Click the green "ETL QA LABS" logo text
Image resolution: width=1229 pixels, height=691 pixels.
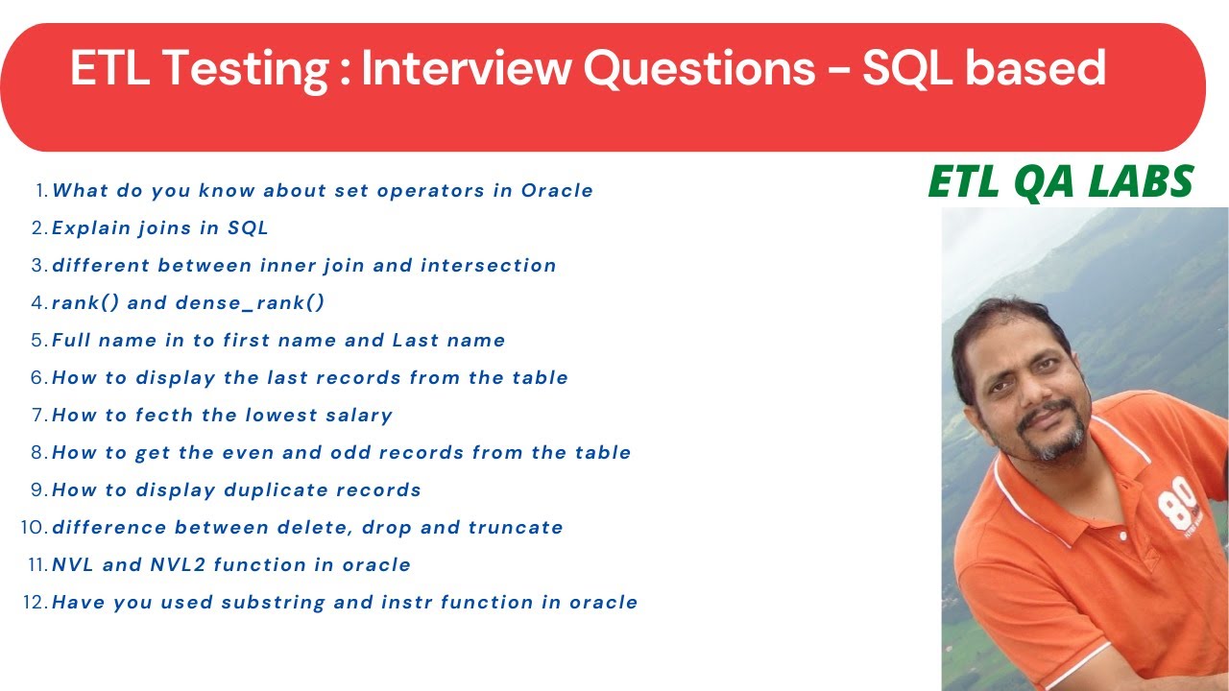(x=1061, y=182)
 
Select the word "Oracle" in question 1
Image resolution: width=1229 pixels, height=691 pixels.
(x=557, y=190)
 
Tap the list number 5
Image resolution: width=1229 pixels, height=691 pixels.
(x=38, y=340)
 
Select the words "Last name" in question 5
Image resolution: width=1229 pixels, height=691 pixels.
(x=448, y=340)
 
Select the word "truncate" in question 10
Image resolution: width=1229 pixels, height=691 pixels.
(x=516, y=527)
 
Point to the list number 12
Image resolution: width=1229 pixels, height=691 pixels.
(x=35, y=602)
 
